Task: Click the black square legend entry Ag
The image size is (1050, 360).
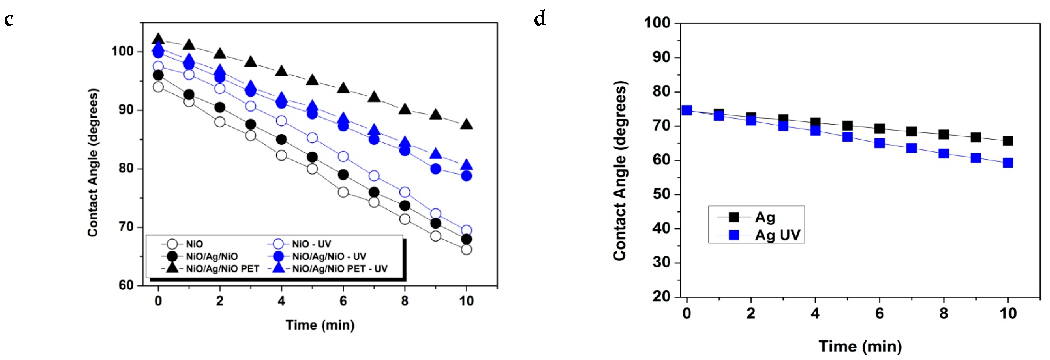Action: pos(765,217)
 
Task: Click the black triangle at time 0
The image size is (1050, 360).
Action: pos(158,39)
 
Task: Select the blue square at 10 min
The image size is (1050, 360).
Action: pos(1008,163)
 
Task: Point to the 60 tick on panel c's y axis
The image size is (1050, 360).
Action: pos(126,285)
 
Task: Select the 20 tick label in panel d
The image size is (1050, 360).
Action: pos(661,296)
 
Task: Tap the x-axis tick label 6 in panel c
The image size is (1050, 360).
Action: pos(343,301)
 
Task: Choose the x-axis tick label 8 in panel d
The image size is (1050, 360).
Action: pos(943,314)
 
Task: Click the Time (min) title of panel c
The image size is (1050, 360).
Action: pos(320,325)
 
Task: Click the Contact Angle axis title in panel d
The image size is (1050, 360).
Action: pos(619,171)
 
